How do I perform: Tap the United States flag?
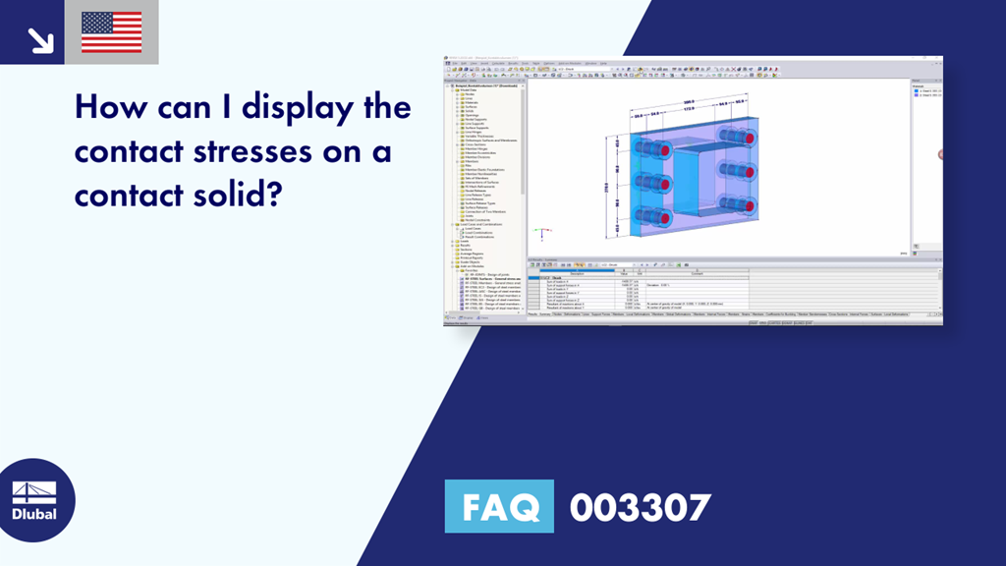tap(111, 32)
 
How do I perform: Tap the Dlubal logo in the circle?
tap(34, 500)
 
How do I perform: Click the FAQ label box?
tap(501, 507)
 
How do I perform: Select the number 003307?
tap(640, 507)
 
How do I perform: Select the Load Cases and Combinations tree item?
tap(480, 224)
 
